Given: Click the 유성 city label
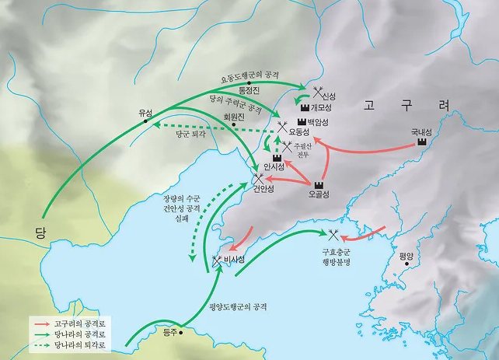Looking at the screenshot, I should tap(145, 110).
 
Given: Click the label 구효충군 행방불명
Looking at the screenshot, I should tap(337, 258).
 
